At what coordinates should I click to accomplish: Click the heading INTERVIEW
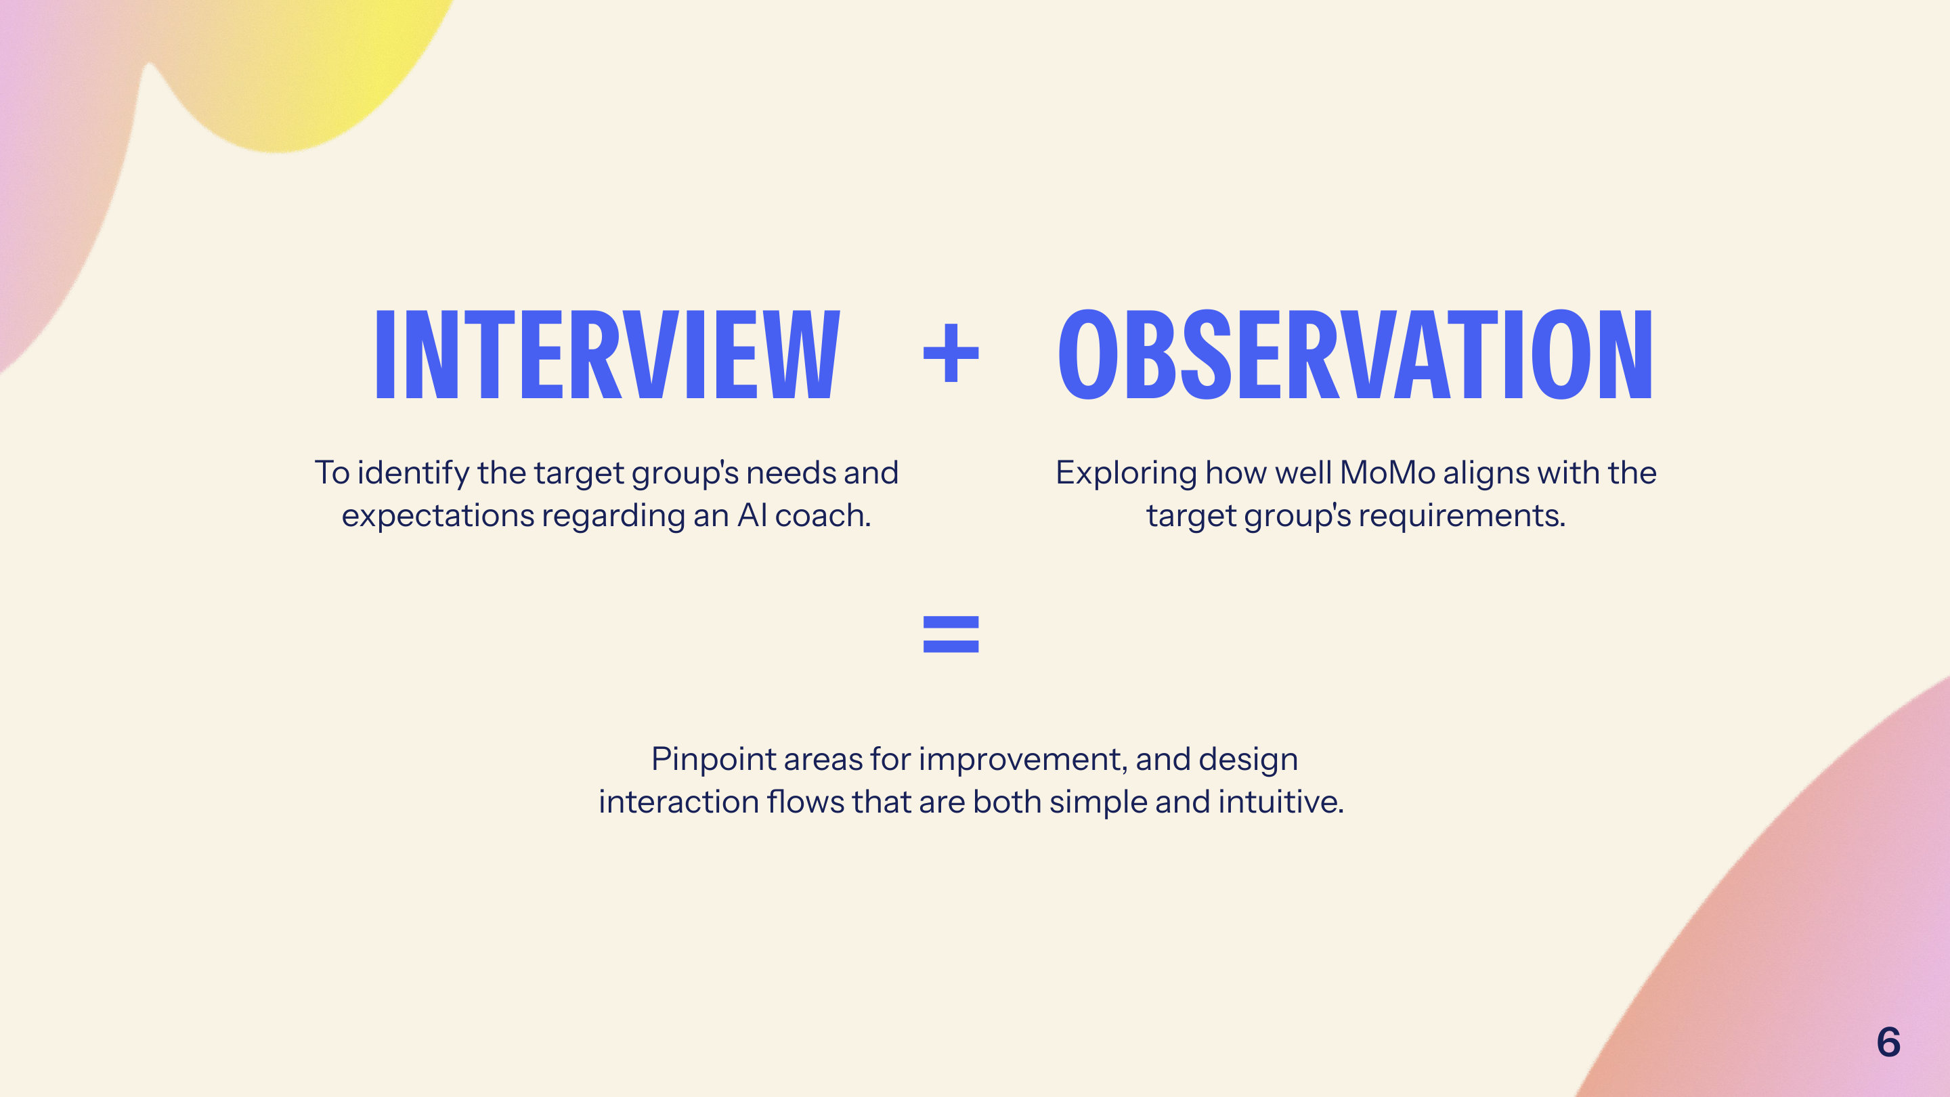(608, 354)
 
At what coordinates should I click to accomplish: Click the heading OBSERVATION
(1355, 354)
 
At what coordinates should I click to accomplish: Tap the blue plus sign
(951, 353)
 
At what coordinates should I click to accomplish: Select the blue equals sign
(951, 634)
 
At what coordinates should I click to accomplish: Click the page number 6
(1888, 1043)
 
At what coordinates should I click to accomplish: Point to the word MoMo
(1387, 473)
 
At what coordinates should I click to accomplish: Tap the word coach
(823, 516)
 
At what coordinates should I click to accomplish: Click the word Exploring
(1127, 473)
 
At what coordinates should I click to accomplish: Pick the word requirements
(1462, 516)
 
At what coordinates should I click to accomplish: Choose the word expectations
(438, 516)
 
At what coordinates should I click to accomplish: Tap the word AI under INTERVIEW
(752, 516)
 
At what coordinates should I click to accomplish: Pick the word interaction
(678, 802)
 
